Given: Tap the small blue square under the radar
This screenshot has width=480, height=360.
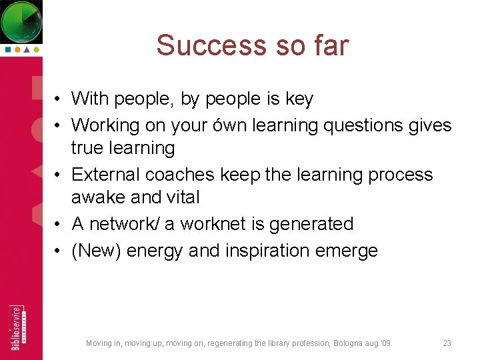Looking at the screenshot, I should coord(7,49).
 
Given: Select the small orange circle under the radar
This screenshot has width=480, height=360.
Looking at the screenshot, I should coord(17,49).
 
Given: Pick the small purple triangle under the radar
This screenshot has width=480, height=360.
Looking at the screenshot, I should coord(27,49).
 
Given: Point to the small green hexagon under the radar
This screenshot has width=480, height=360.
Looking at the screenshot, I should coord(37,49).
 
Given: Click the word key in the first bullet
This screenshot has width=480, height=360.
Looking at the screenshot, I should coord(299,99).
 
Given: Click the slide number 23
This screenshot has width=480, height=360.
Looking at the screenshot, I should coord(447,343).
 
